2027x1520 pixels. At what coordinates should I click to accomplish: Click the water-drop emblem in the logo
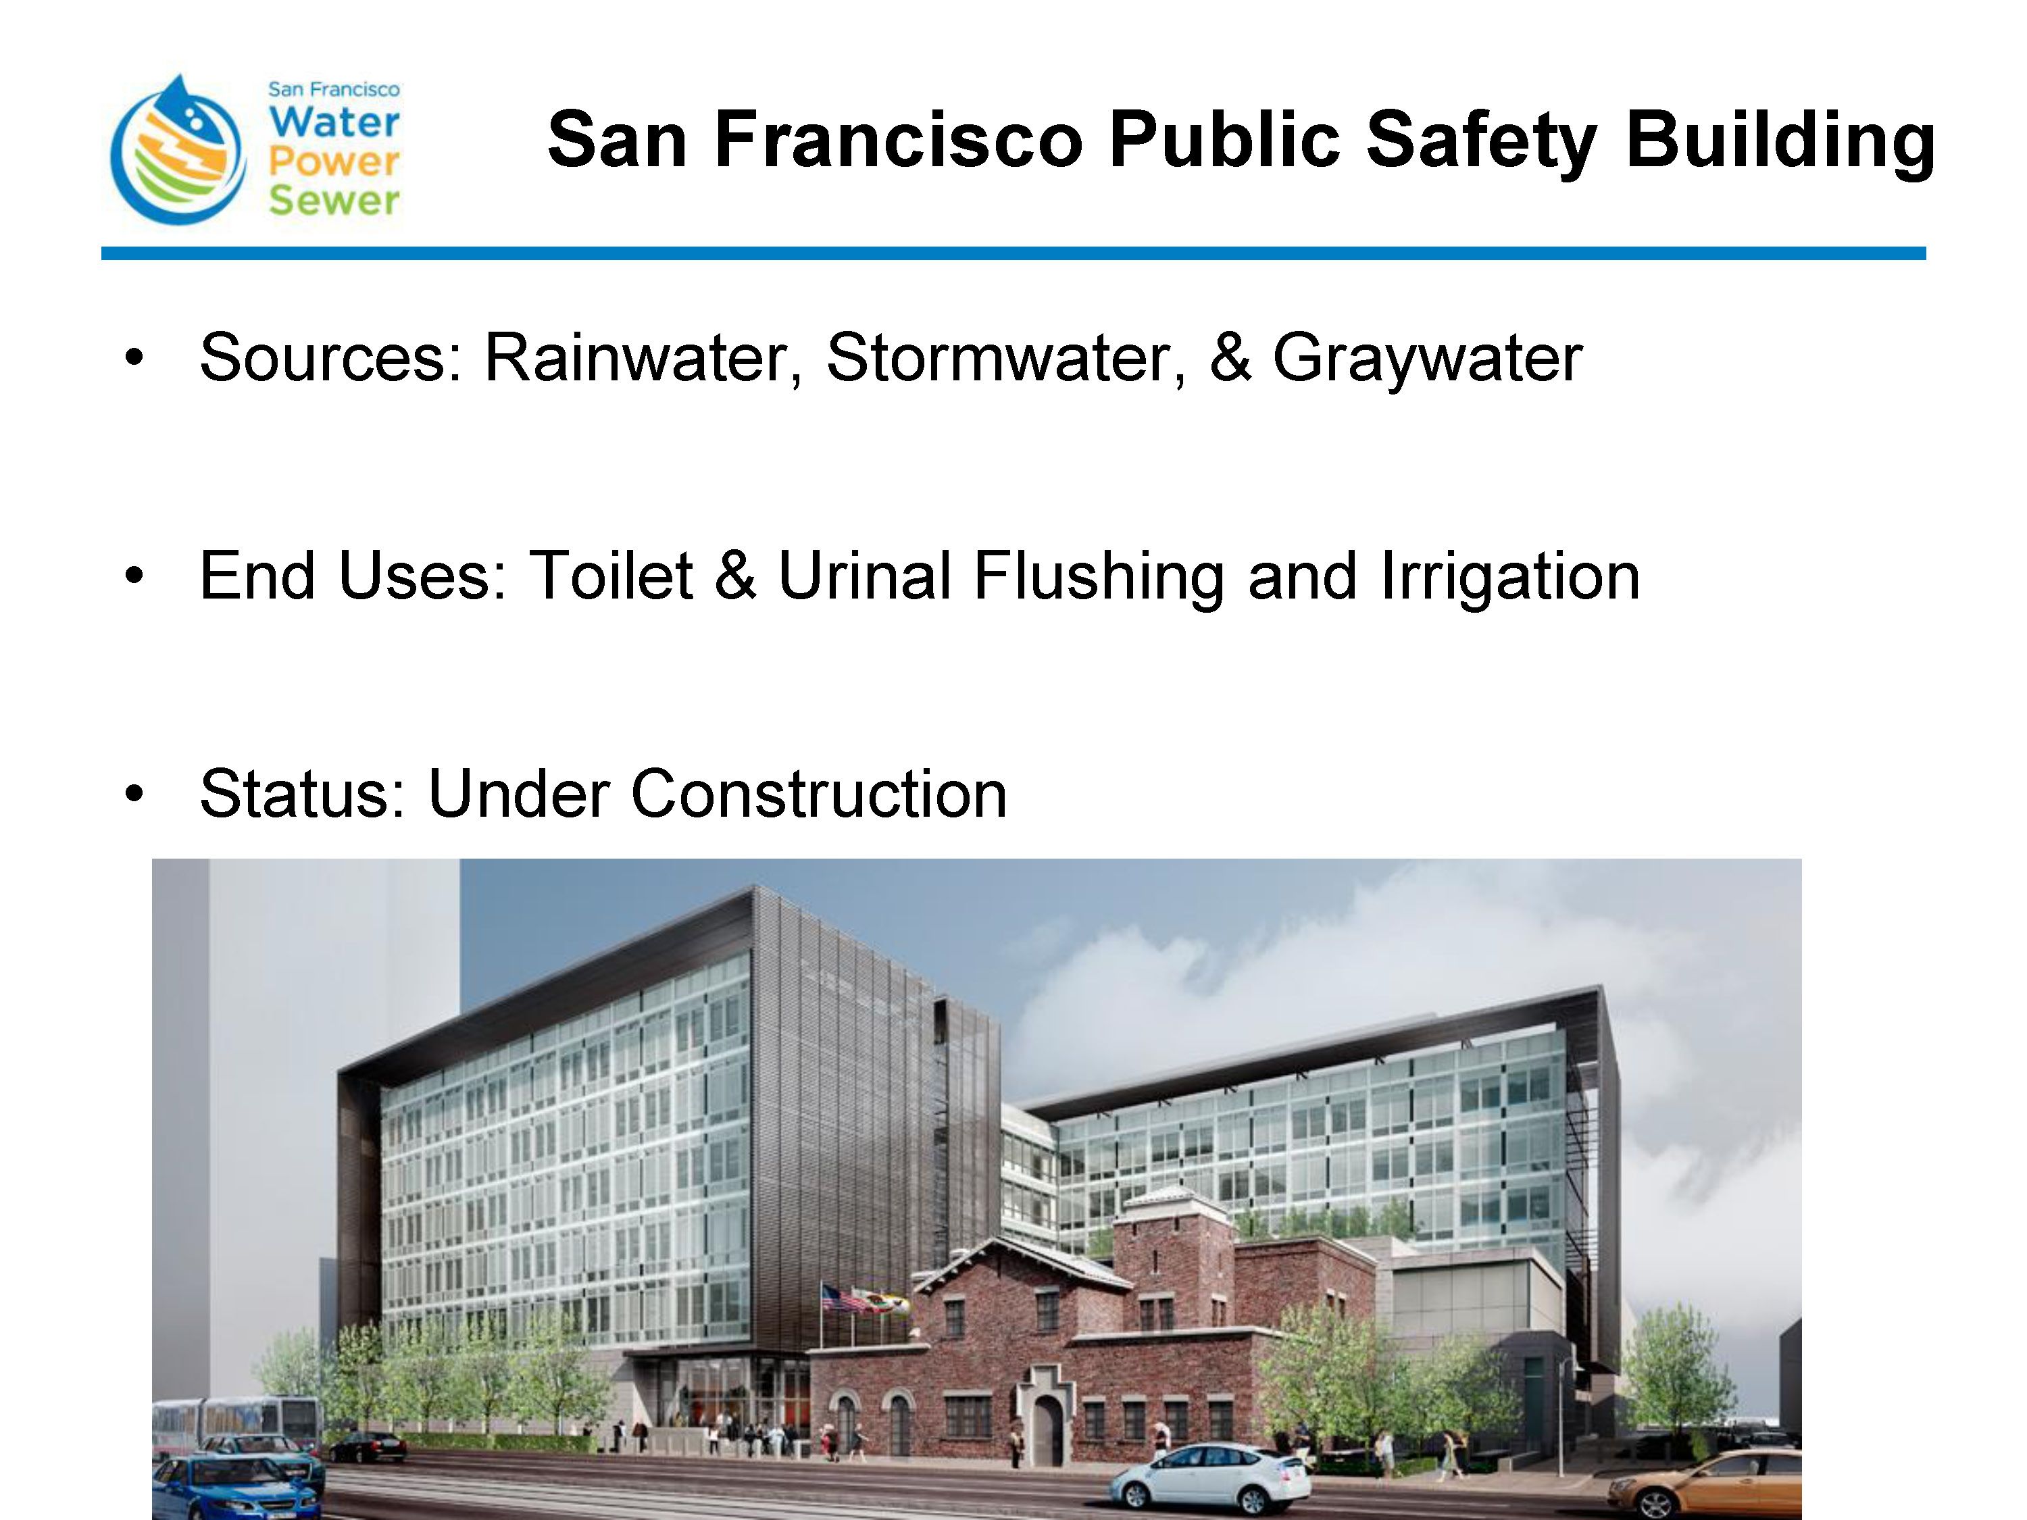[x=178, y=150]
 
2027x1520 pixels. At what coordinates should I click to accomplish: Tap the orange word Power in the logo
[x=334, y=162]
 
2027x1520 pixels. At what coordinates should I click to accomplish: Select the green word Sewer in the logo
[x=334, y=201]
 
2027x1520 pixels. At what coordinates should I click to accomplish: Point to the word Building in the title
[x=1780, y=141]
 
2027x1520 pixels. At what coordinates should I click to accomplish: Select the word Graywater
[x=1428, y=358]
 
